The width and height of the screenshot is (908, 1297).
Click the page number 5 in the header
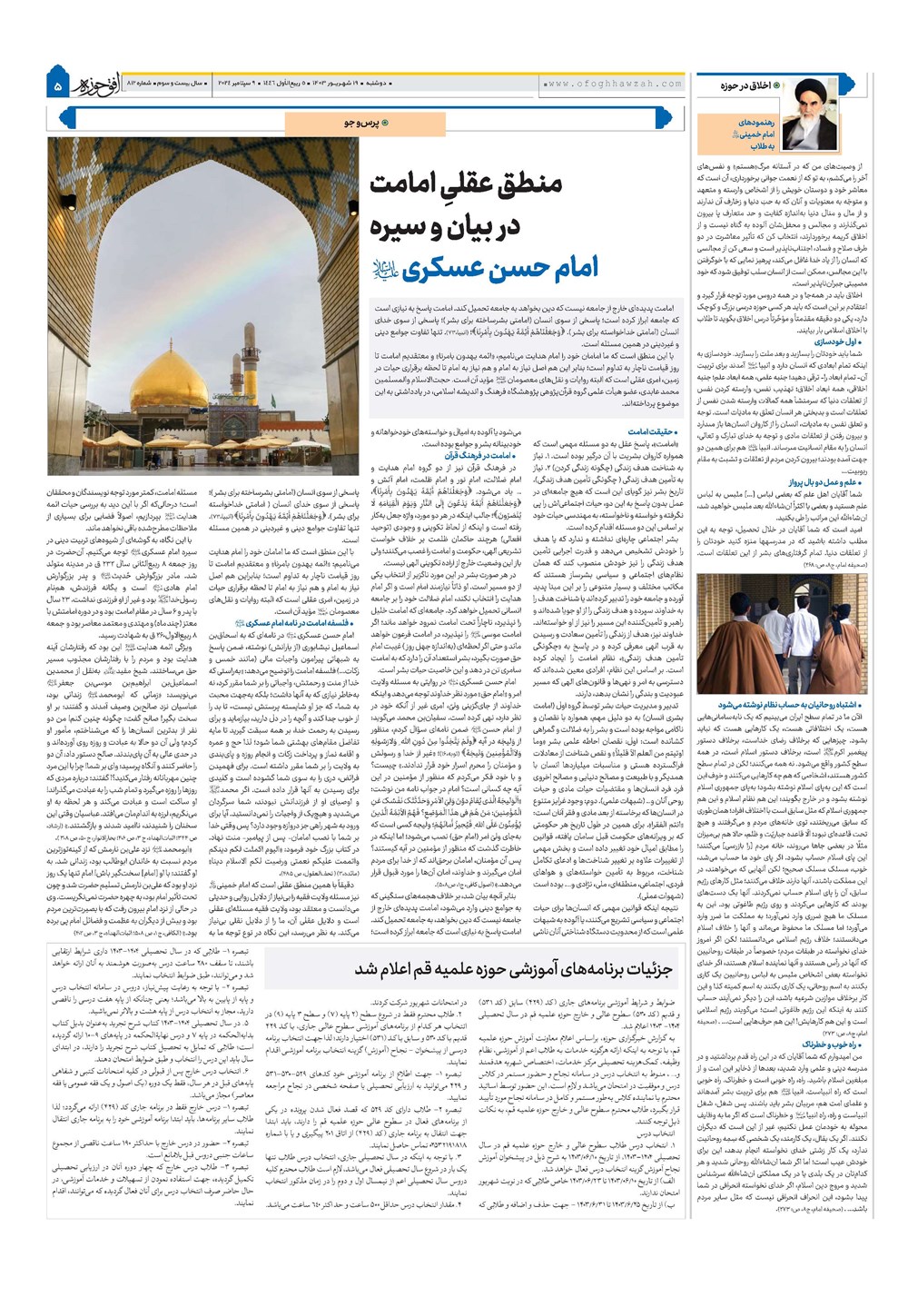[x=57, y=86]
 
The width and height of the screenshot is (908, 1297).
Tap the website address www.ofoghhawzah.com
[x=614, y=84]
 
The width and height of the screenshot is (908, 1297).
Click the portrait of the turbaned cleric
[x=811, y=114]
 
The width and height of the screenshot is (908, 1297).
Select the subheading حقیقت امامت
[x=652, y=431]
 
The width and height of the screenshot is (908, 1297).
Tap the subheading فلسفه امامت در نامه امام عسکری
[x=292, y=623]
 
